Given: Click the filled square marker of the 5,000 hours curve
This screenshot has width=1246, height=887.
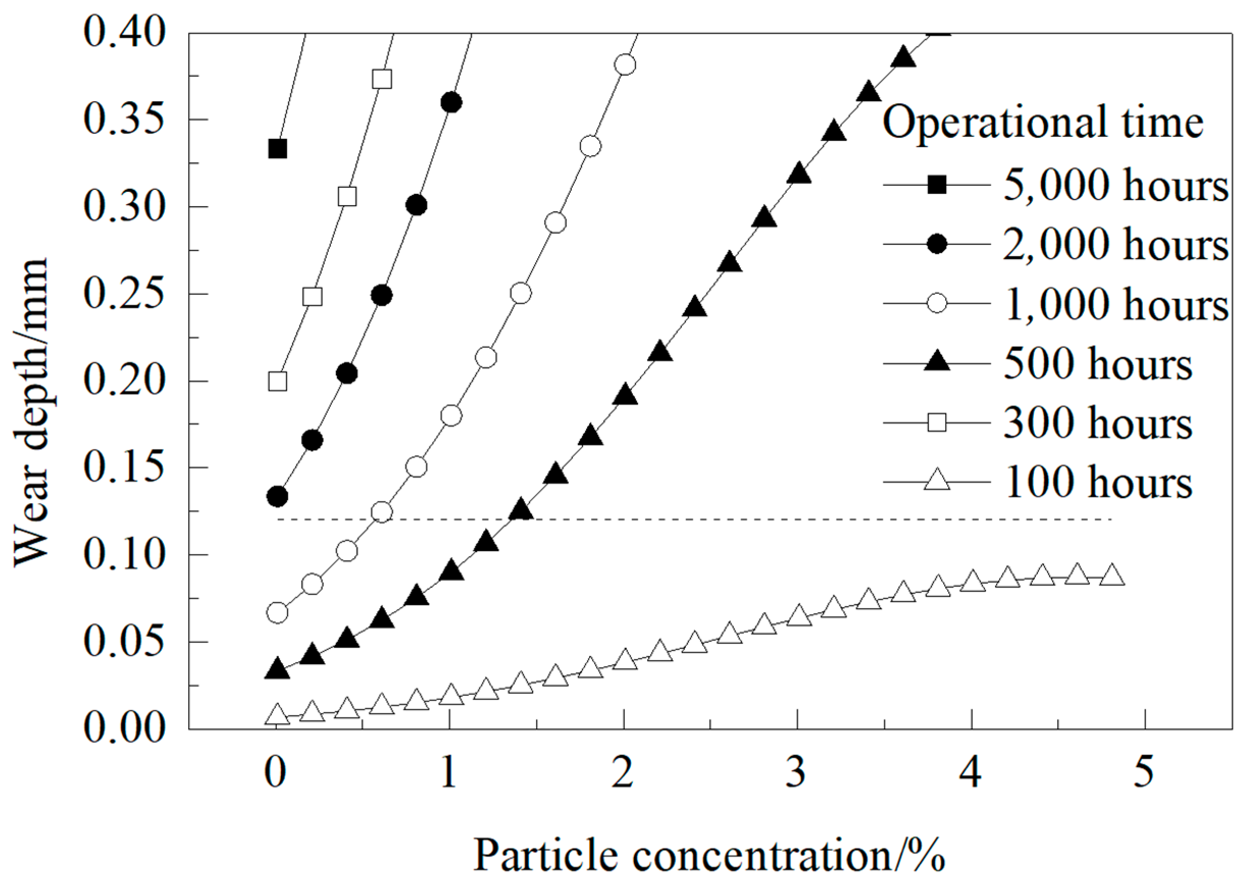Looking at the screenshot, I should click(277, 149).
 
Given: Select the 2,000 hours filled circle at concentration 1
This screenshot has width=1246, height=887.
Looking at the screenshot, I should click(451, 102).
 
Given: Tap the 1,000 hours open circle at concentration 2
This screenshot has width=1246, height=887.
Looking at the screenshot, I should click(625, 65).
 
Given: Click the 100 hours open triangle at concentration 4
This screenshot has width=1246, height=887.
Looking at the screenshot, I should click(972, 582).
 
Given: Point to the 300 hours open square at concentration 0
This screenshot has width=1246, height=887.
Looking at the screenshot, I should click(277, 381).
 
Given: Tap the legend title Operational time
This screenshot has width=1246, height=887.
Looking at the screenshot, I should click(1043, 122).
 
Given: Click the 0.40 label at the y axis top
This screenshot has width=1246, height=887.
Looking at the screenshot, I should click(124, 33).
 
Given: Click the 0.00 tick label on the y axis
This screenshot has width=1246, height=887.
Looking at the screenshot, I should click(124, 729).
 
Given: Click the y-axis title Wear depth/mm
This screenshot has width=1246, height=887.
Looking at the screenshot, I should click(32, 412).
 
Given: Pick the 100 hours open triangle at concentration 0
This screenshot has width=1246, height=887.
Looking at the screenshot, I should click(277, 714).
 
